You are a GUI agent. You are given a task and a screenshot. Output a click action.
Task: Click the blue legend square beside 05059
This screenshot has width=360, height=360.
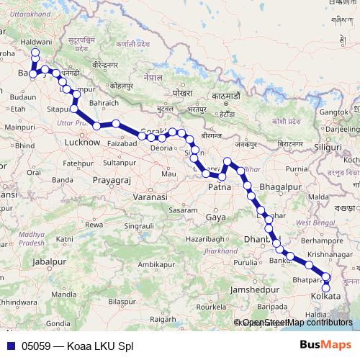(x=10, y=346)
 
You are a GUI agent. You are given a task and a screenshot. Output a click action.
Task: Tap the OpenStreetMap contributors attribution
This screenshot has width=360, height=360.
(x=297, y=323)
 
